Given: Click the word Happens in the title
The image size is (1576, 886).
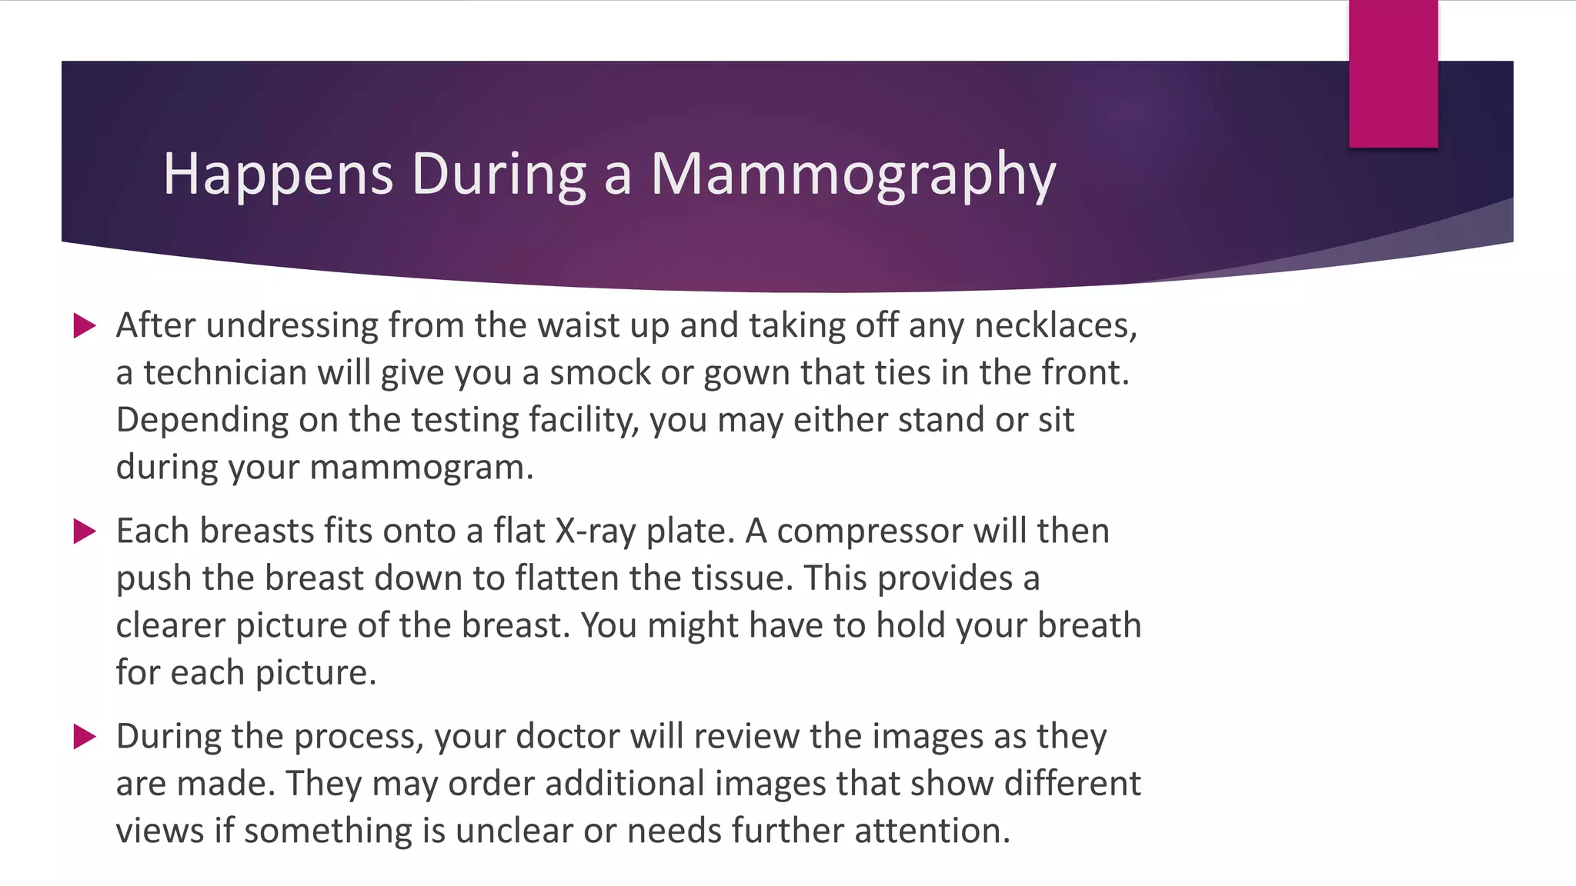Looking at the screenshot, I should click(x=278, y=175).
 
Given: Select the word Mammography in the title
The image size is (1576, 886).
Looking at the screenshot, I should click(x=853, y=175).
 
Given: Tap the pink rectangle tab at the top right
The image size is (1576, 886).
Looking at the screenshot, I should click(x=1393, y=74).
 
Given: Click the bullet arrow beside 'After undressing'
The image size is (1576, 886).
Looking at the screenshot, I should click(x=85, y=325).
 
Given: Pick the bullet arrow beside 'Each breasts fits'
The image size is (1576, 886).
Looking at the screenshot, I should click(x=85, y=531).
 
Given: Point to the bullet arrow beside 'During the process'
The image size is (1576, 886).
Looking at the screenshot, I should click(x=85, y=736).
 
